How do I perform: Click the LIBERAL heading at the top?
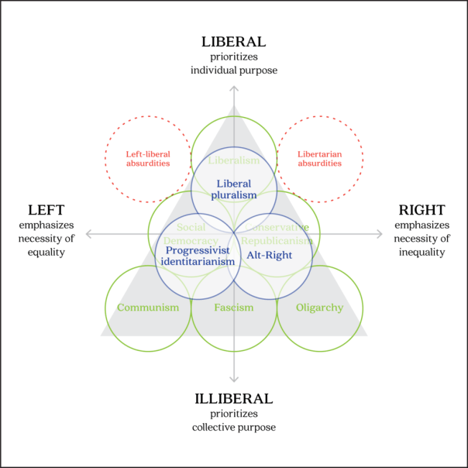pos(234,42)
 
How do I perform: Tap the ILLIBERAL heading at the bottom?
pos(234,399)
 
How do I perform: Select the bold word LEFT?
pos(46,210)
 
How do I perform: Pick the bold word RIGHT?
pos(422,210)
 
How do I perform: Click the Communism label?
pos(148,308)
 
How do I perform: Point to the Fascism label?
pos(234,308)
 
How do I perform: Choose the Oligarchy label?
pos(319,308)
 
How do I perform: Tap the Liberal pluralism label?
pos(234,190)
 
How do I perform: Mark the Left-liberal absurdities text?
pos(148,159)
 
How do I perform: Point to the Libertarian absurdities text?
pos(319,159)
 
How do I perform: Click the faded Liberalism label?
pos(234,160)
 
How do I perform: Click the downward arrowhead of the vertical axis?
pos(234,378)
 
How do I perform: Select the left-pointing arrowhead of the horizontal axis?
pos(89,233)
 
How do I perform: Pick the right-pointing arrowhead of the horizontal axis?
pos(379,233)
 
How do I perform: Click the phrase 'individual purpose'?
pos(234,71)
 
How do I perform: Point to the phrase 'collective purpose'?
pos(234,428)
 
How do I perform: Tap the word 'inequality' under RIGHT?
pos(422,252)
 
